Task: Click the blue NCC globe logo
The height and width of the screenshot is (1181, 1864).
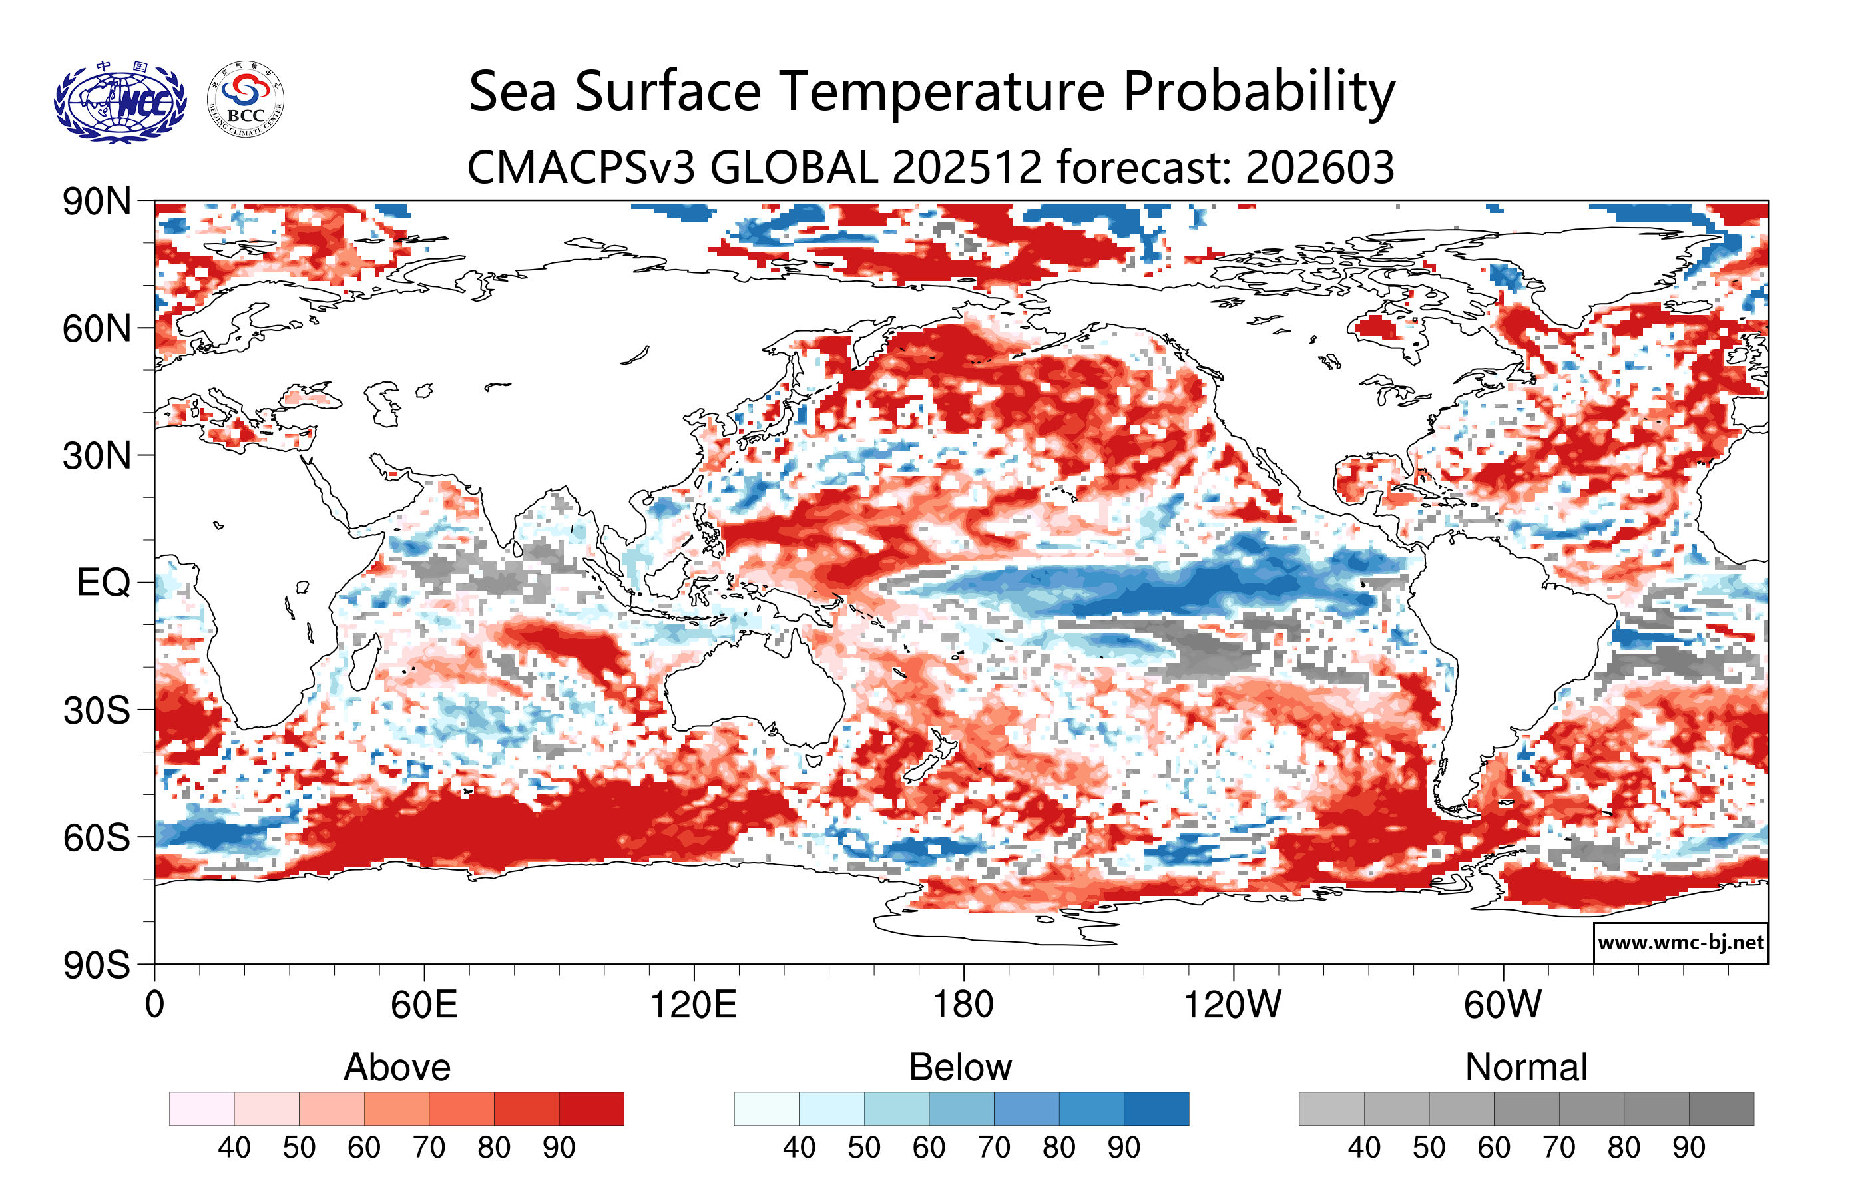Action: point(120,101)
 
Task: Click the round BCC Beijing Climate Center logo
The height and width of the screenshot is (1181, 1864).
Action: point(246,100)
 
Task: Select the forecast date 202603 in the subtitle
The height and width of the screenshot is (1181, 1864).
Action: point(1320,167)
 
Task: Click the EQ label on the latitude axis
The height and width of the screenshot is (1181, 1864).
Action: point(104,583)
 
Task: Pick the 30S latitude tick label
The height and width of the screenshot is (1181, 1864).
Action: point(97,710)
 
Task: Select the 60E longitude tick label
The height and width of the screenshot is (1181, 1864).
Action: point(423,1005)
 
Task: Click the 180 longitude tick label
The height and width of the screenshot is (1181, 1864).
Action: point(963,1005)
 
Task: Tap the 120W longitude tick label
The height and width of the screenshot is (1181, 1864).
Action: point(1232,1005)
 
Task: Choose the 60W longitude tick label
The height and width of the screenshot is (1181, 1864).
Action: point(1503,1005)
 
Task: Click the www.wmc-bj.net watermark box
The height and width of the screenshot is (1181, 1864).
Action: point(1680,943)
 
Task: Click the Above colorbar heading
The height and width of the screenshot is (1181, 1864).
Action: point(397,1067)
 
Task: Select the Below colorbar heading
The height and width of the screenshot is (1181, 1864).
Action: point(960,1067)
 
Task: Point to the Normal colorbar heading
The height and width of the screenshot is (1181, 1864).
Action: point(1526,1067)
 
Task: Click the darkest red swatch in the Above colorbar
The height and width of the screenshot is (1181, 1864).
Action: point(591,1108)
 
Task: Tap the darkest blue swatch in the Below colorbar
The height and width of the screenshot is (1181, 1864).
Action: point(1156,1108)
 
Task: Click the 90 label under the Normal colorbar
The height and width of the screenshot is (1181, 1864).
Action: point(1688,1148)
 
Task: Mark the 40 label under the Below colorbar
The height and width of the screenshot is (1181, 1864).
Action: point(799,1148)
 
